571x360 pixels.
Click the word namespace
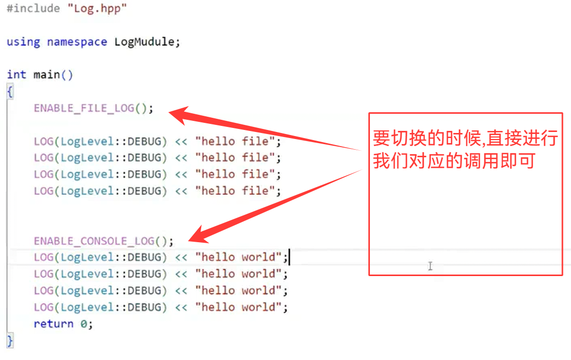point(77,41)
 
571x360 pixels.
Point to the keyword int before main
point(16,75)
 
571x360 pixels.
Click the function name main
point(46,75)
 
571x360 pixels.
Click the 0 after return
point(84,324)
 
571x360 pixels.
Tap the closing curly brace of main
point(10,340)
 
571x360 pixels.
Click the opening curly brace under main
point(10,91)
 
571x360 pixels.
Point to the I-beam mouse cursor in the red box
point(430,266)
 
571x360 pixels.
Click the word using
point(23,41)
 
